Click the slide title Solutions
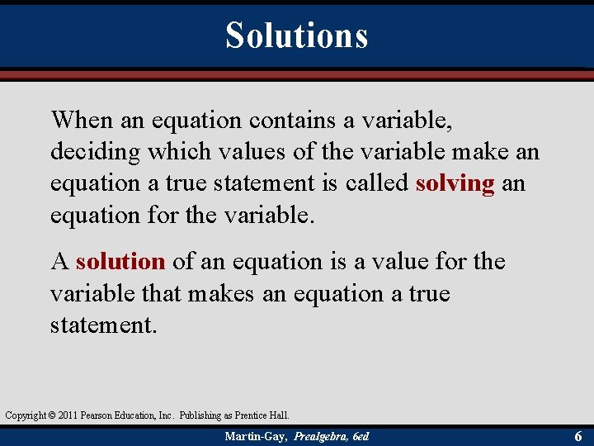point(296,35)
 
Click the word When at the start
point(81,121)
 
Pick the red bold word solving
point(455,183)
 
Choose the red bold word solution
point(120,262)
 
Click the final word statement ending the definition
point(102,325)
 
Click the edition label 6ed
point(361,436)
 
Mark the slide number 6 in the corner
point(578,435)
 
